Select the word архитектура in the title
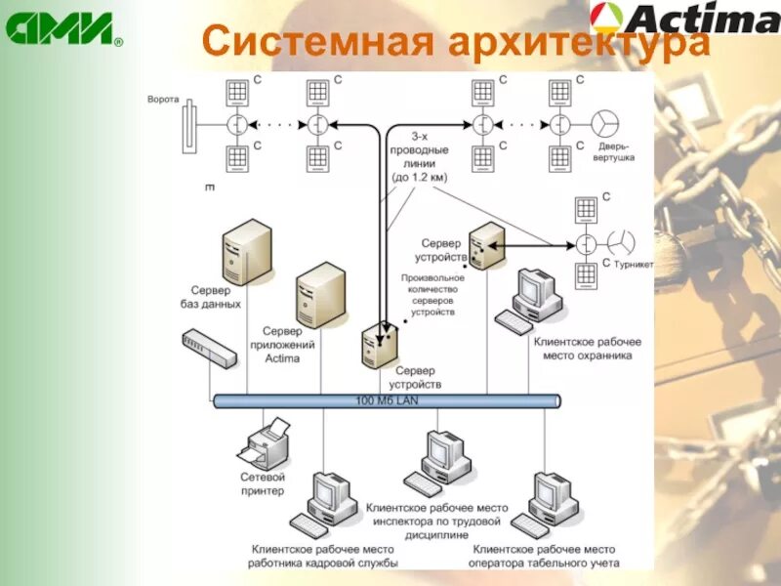coord(580,41)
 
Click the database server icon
coord(246,251)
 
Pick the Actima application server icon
coord(321,294)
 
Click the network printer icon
coord(265,443)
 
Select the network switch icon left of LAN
coord(209,349)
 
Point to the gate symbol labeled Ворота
coord(189,124)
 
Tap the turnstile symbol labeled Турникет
coord(621,241)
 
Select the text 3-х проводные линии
coord(420,157)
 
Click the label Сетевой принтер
coord(263,483)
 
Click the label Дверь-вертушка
coord(612,151)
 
